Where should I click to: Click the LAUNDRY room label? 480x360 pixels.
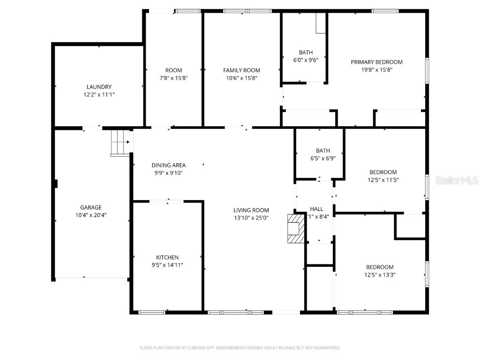pyautogui.click(x=99, y=87)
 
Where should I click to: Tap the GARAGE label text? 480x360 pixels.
pyautogui.click(x=90, y=207)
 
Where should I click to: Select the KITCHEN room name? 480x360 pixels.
pyautogui.click(x=167, y=257)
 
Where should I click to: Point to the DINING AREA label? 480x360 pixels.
pyautogui.click(x=168, y=165)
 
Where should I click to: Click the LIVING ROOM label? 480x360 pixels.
pyautogui.click(x=251, y=210)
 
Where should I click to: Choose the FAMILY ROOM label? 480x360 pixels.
pyautogui.click(x=241, y=70)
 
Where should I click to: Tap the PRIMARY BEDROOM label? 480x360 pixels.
pyautogui.click(x=376, y=62)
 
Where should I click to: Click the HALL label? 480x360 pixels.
pyautogui.click(x=316, y=209)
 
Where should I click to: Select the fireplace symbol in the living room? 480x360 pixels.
pyautogui.click(x=295, y=229)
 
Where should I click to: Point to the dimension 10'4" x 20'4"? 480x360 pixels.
pyautogui.click(x=90, y=215)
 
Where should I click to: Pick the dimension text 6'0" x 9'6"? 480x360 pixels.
pyautogui.click(x=306, y=60)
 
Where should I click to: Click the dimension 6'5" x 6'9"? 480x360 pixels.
pyautogui.click(x=322, y=158)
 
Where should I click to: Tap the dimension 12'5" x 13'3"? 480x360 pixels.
pyautogui.click(x=380, y=275)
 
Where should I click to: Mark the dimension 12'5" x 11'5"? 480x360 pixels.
pyautogui.click(x=383, y=180)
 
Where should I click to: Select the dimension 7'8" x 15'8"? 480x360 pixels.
pyautogui.click(x=173, y=78)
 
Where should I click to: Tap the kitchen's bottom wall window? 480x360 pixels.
pyautogui.click(x=152, y=312)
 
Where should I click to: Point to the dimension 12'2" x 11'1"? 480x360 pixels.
pyautogui.click(x=99, y=95)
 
